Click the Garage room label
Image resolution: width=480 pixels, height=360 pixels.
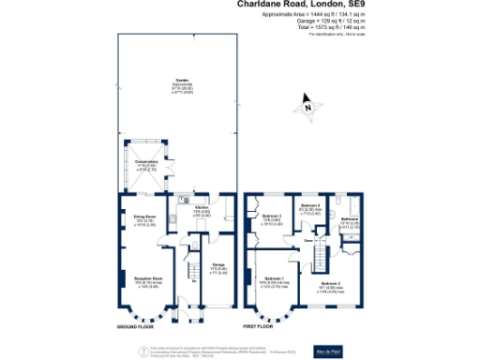[217, 265]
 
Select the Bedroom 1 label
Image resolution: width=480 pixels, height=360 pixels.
[274, 278]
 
